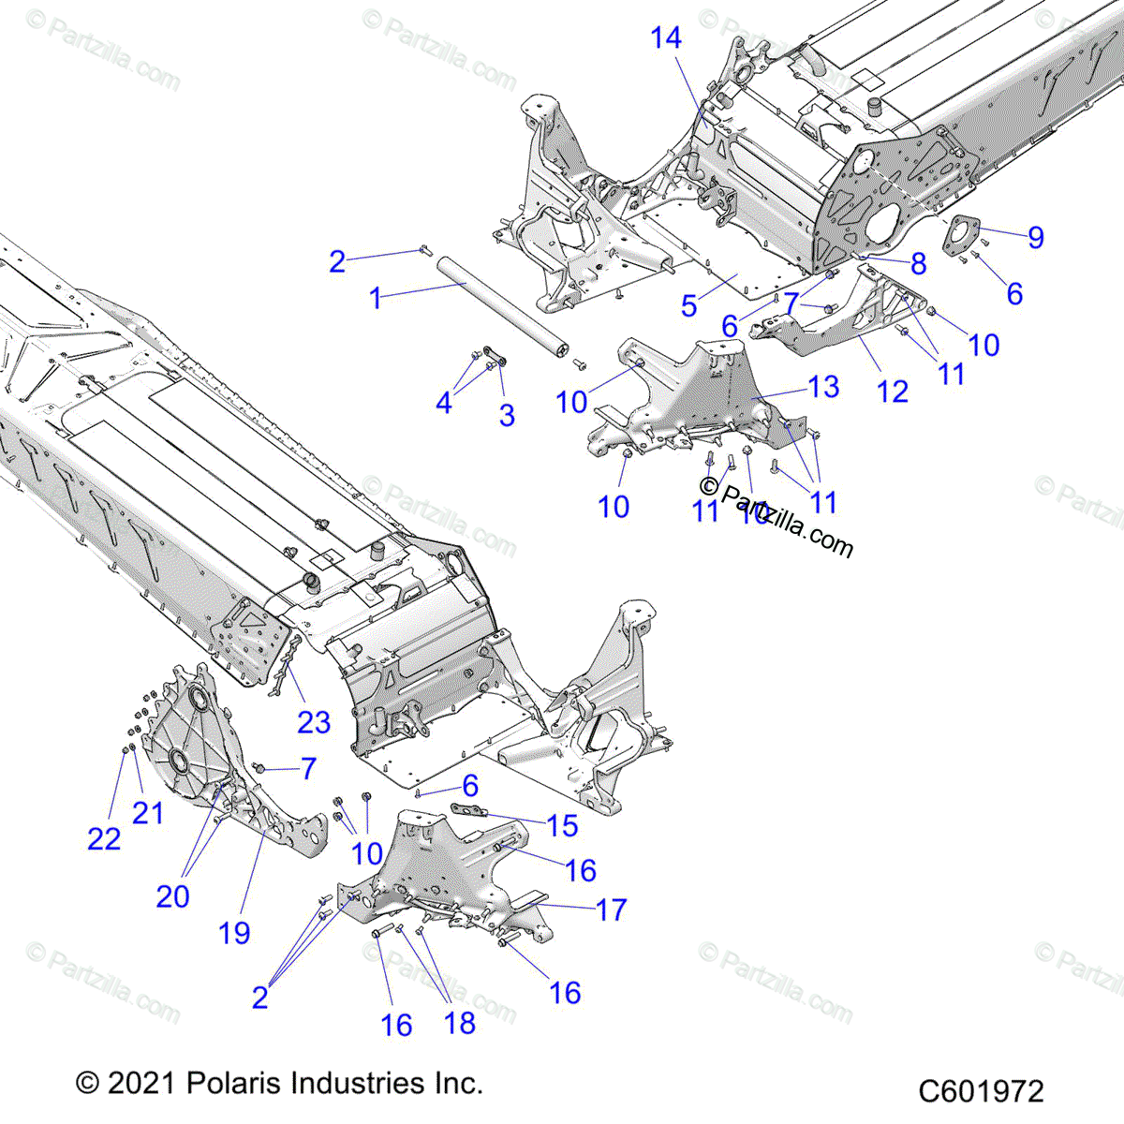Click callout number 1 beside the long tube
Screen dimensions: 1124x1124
pos(376,299)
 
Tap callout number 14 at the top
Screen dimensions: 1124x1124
pos(666,38)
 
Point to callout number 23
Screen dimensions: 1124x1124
pos(314,721)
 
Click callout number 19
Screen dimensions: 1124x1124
pos(234,932)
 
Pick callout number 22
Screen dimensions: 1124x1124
pos(104,838)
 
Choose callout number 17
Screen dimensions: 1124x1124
pos(611,909)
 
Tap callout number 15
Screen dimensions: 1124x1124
pos(562,825)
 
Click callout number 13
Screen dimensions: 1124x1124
pos(823,386)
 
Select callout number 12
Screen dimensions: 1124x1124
pos(893,392)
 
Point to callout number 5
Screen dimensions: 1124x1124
pos(689,305)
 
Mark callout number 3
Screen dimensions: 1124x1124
pos(507,415)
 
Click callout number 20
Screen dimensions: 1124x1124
pos(172,896)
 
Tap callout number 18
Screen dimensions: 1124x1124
pos(460,1023)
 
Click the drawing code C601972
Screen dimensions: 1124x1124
pos(980,1091)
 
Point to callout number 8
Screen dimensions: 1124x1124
pos(918,263)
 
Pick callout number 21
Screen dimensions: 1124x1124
pos(148,812)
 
